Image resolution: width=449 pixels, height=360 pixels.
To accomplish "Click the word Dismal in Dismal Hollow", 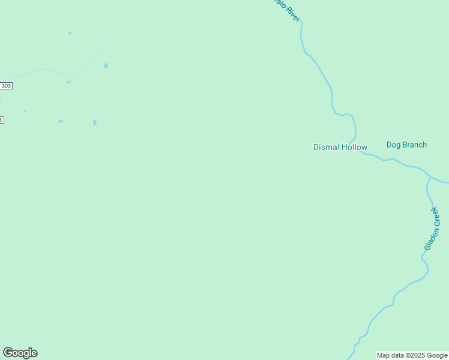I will pos(327,147).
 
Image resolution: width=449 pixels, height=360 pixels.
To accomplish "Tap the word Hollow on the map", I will pos(354,147).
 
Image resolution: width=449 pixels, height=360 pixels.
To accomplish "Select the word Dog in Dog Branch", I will pos(394,145).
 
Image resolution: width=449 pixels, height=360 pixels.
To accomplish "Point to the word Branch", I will pos(415,145).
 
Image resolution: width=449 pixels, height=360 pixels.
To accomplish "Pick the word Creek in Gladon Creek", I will pos(436,217).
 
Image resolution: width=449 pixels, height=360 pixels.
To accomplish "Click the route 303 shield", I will pos(5,86).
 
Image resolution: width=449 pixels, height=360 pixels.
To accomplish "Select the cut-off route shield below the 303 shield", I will pos(1,120).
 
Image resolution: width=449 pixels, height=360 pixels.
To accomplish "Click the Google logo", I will pos(20,353).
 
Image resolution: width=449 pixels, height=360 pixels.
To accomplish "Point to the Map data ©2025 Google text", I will pos(412,355).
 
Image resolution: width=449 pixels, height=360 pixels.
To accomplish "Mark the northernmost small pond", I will pos(70,33).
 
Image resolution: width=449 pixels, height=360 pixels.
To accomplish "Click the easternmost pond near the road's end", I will pos(106,66).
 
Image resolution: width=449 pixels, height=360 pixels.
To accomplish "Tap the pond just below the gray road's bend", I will pos(68,82).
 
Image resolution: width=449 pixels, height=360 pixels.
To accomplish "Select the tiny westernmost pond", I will pos(25,111).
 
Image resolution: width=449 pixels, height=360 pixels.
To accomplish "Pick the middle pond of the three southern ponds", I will pos(61,121).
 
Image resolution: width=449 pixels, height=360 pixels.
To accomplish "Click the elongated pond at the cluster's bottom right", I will pos(95,122).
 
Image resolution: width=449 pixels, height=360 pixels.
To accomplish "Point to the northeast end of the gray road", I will pos(100,43).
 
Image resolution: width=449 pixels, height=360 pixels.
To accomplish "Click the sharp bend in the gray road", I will pos(69,77).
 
